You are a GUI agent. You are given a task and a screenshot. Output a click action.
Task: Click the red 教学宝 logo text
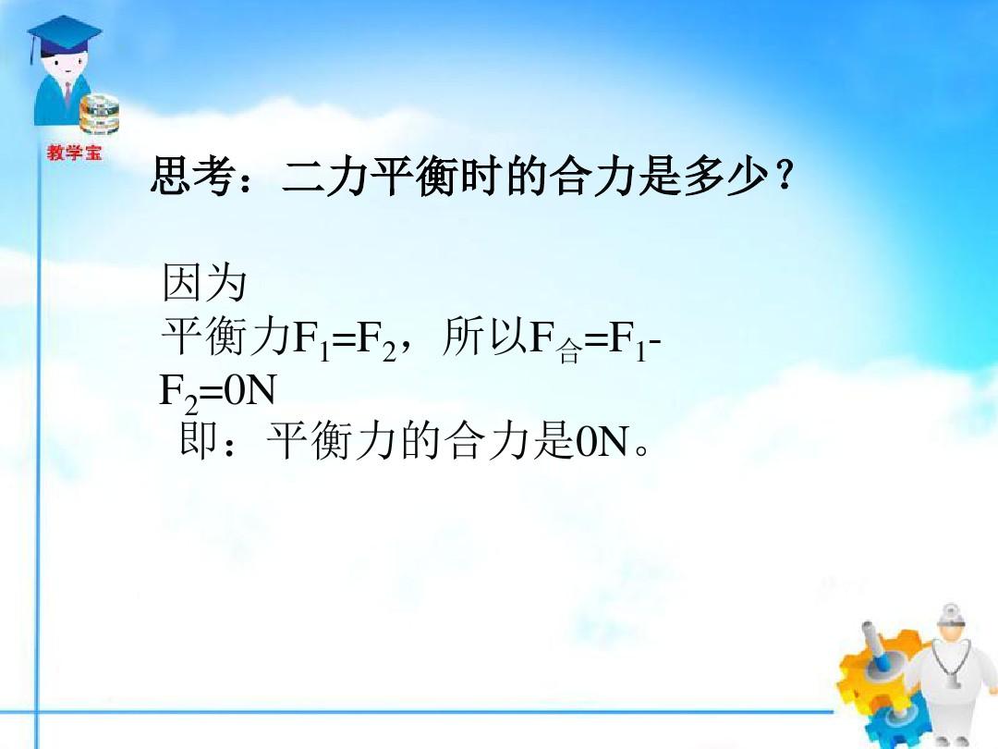click(x=74, y=153)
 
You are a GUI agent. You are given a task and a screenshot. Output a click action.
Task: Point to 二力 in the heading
click(x=324, y=176)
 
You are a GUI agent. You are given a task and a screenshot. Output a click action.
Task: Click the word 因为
click(x=204, y=282)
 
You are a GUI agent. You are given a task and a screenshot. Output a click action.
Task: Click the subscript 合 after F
click(x=569, y=351)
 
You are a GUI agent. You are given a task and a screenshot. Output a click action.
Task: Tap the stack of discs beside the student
click(x=99, y=116)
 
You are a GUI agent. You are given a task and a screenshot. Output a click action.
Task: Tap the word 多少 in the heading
click(x=727, y=176)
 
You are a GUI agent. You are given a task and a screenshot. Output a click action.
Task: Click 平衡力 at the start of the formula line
click(x=226, y=336)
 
